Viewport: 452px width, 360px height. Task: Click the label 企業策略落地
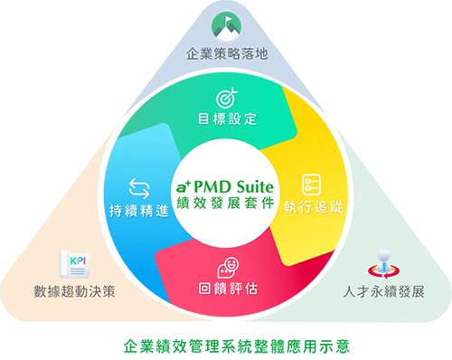click(227, 53)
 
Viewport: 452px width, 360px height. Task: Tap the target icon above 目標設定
click(227, 97)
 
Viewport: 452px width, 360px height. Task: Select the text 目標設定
click(227, 119)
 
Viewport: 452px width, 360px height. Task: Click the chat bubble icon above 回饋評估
click(227, 268)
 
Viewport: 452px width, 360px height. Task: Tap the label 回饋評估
click(227, 290)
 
